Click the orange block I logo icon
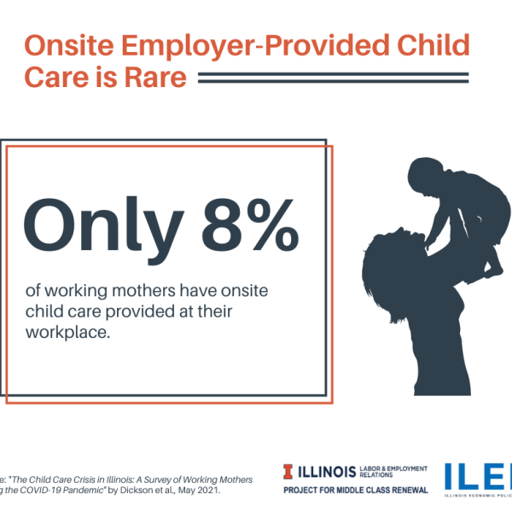tap(291, 472)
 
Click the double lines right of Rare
tap(333, 79)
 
